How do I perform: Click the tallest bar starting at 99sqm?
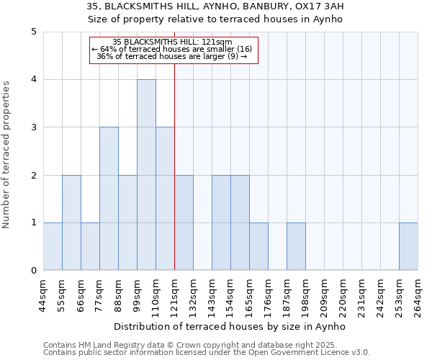click(146, 175)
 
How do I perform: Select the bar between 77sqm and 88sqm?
click(109, 199)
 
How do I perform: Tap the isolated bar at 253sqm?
click(408, 246)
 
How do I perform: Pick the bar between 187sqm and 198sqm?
click(296, 246)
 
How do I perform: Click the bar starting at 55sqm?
click(71, 222)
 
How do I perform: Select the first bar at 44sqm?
click(53, 246)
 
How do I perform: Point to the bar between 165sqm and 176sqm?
click(258, 246)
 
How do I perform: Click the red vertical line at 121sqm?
click(175, 166)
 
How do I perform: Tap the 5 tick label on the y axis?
click(33, 32)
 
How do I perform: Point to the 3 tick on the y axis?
click(33, 127)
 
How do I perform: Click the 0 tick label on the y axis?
click(33, 271)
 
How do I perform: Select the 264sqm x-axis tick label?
click(418, 295)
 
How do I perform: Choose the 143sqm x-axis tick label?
click(212, 295)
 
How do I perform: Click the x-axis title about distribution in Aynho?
click(230, 326)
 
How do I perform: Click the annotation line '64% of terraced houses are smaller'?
click(172, 49)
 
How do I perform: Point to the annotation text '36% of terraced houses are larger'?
click(172, 56)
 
